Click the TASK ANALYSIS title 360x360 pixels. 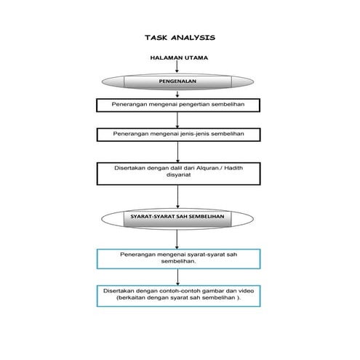[180, 36]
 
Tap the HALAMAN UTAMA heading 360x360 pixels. [179, 57]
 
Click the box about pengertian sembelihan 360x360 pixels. [178, 105]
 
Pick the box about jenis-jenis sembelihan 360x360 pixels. [178, 135]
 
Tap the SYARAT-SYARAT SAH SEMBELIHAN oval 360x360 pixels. [178, 217]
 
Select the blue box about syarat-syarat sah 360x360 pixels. [178, 258]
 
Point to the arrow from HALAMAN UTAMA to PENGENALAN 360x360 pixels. [178, 67]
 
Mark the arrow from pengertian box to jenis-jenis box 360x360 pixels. [178, 120]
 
